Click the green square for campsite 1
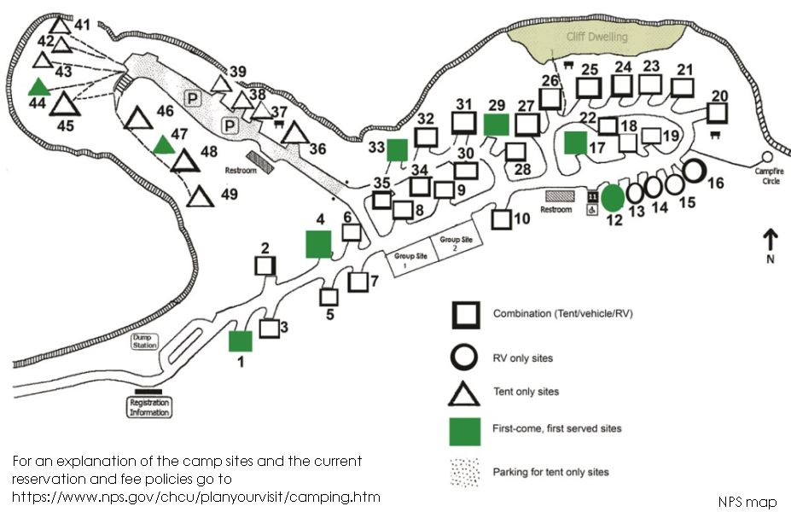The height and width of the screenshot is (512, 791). click(241, 341)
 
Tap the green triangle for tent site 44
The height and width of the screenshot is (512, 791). click(38, 87)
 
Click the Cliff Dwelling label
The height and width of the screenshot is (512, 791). click(596, 37)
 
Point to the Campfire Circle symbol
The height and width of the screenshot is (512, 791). click(766, 157)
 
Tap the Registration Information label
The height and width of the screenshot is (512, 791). click(149, 406)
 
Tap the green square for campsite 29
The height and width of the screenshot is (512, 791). click(496, 125)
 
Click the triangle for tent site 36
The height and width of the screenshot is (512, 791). click(295, 134)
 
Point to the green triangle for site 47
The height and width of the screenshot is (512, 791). click(164, 144)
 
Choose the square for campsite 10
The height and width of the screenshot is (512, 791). click(501, 218)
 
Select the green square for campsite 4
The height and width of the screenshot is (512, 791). click(317, 243)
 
